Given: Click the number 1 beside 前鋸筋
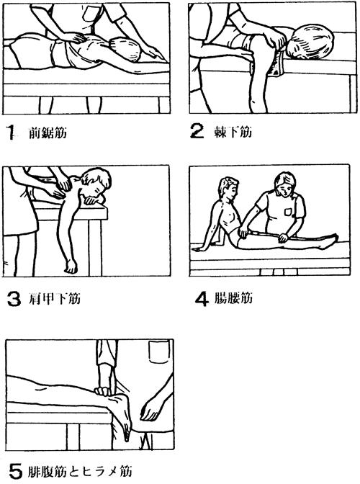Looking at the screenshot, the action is [x=11, y=133].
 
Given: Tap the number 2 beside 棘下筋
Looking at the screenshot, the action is [x=197, y=132].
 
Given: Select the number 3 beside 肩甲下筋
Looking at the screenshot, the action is [x=14, y=300].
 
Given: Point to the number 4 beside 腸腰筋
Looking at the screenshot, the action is [x=202, y=299].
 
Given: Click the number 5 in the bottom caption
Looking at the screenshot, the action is [x=15, y=471].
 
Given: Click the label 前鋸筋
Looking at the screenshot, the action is [x=48, y=133].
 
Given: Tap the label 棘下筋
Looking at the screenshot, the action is [x=233, y=132].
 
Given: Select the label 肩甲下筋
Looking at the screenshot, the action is [x=55, y=299].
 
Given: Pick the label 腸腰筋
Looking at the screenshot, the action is [x=233, y=298].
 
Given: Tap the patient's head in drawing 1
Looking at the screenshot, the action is [x=127, y=50].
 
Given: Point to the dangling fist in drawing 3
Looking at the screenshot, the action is [x=71, y=266].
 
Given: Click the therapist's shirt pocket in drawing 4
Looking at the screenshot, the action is [x=288, y=211].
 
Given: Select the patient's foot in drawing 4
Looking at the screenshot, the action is [x=328, y=241].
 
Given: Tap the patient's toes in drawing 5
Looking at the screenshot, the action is [x=127, y=431].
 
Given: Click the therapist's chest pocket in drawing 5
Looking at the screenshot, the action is [x=159, y=352].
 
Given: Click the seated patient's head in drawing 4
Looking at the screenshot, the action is [x=228, y=187].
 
